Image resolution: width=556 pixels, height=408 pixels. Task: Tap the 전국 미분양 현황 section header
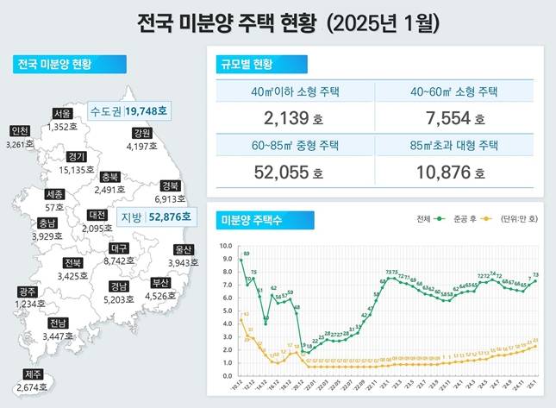pos(55,64)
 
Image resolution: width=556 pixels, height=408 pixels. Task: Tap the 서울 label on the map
pos(61,113)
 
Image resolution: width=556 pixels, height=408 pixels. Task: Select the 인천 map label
pos(19,130)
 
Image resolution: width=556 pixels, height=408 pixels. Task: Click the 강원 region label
pos(142,133)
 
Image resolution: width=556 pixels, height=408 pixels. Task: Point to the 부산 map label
pos(160,282)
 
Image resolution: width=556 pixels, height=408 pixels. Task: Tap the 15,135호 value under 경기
pos(77,170)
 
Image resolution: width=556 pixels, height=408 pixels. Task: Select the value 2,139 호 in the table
pos(296,117)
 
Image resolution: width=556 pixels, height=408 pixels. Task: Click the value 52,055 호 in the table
pos(296,172)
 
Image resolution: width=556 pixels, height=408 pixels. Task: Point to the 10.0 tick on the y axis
pos(226,245)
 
